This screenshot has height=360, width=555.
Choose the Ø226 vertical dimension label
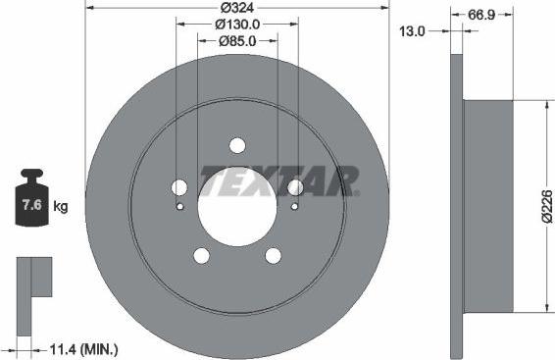click(546, 207)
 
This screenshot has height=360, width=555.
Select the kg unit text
click(61, 207)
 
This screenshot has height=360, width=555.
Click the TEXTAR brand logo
click(279, 180)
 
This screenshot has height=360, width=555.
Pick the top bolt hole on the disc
click(237, 145)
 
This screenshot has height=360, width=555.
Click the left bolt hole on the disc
click(179, 187)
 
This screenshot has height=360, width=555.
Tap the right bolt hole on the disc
click(295, 187)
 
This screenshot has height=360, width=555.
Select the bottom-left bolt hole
click(202, 255)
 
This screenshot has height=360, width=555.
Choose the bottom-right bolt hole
click(273, 255)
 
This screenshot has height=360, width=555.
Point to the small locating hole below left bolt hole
click(179, 206)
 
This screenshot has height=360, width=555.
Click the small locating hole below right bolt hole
click(295, 206)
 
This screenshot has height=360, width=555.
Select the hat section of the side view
click(487, 207)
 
